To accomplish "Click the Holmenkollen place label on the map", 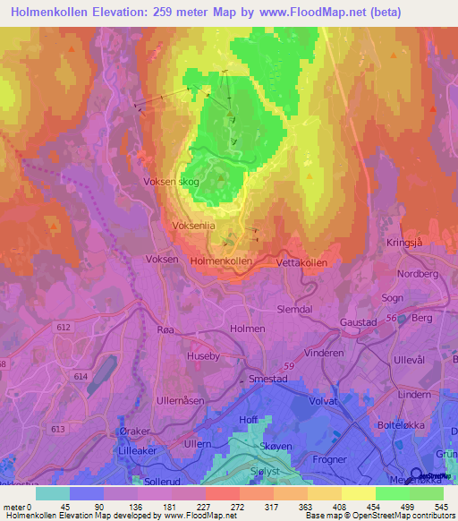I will (221, 260).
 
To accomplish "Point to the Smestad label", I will (269, 379).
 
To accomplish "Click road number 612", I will (64, 329).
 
